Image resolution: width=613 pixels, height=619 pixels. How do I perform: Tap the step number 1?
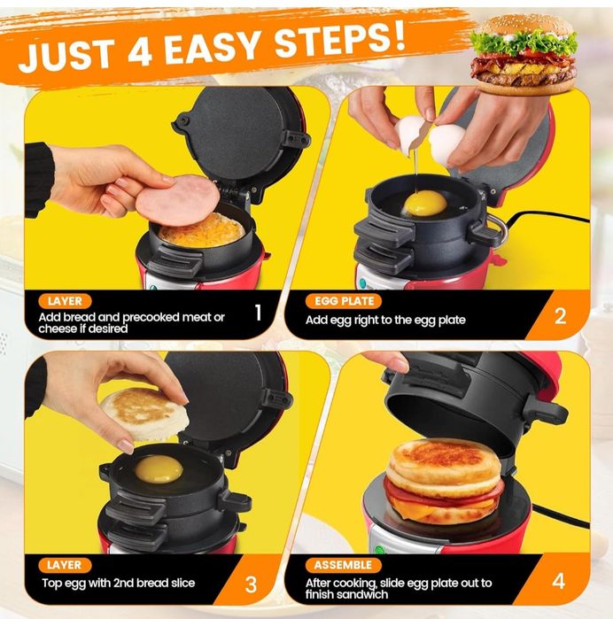(x=258, y=312)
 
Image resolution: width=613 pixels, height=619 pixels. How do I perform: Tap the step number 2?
(x=559, y=316)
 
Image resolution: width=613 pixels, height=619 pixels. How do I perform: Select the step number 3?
(x=251, y=584)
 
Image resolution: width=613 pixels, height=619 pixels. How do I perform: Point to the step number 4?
(x=558, y=582)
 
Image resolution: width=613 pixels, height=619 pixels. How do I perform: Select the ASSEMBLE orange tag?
(x=344, y=564)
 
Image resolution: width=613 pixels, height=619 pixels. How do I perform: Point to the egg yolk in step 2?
(x=424, y=204)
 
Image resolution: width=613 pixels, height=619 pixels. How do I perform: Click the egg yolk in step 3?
(x=159, y=468)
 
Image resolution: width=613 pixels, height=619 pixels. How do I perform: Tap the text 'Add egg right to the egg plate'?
(x=385, y=320)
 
